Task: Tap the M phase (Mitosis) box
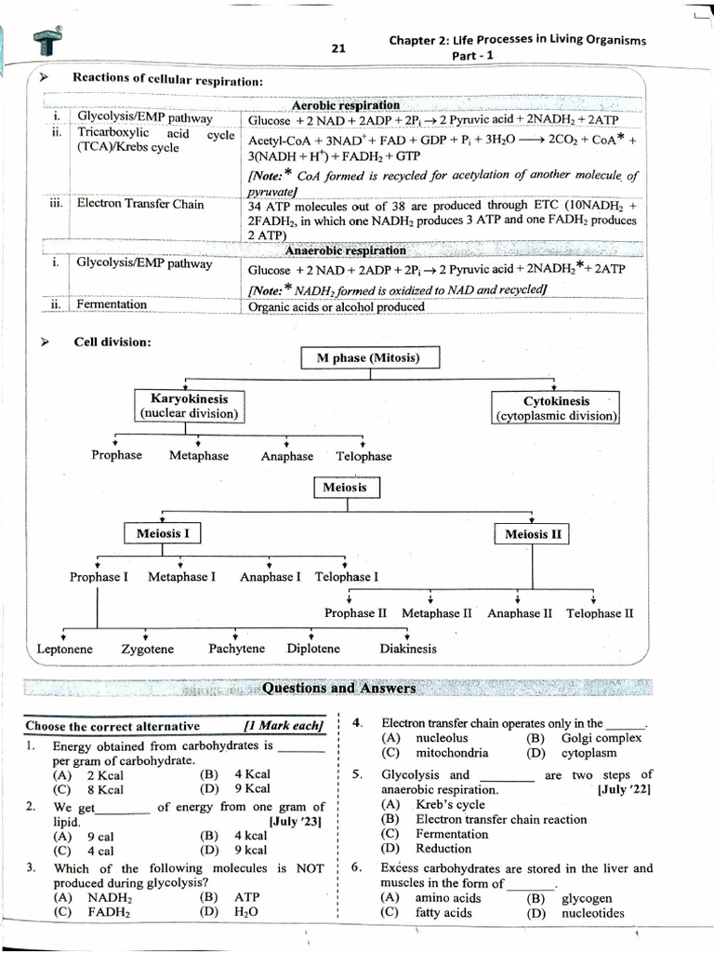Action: [x=371, y=358]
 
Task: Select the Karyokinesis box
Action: [x=189, y=406]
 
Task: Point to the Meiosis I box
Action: [x=163, y=534]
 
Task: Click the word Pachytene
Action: [x=236, y=649]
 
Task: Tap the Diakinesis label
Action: [x=407, y=649]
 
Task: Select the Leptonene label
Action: [x=64, y=649]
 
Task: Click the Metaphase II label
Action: [x=436, y=613]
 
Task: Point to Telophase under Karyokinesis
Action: [x=364, y=456]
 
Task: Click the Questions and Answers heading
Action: [x=338, y=689]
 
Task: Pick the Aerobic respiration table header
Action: [x=346, y=105]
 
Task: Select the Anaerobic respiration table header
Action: [x=345, y=250]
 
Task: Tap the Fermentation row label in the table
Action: [x=112, y=304]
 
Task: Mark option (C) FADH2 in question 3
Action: [x=93, y=912]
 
